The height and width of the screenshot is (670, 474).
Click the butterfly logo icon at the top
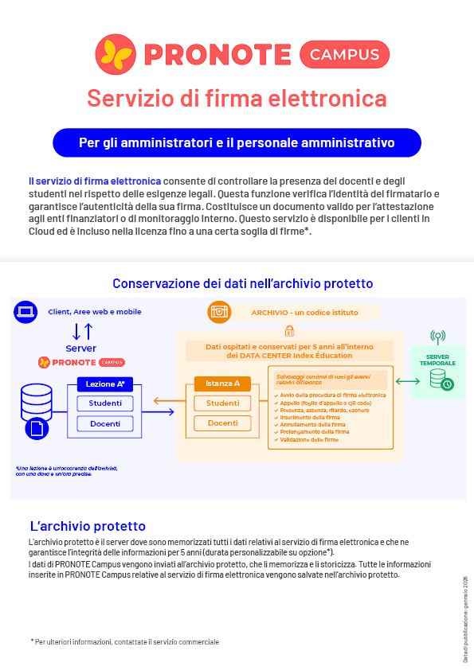(116, 53)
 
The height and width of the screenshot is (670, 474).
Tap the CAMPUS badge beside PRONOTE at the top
(344, 54)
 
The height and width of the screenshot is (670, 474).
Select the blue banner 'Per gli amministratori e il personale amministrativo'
(237, 143)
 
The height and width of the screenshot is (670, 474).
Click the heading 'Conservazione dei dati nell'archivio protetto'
(242, 283)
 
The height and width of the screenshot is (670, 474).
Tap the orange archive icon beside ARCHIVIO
(218, 312)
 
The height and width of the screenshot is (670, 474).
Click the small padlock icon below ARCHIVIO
(289, 329)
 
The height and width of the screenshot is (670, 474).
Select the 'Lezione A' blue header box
(105, 384)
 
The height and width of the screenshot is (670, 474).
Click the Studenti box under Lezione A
(105, 403)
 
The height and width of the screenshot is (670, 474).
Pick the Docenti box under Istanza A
(222, 423)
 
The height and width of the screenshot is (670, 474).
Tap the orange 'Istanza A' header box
(222, 384)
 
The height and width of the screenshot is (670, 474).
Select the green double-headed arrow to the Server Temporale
(407, 382)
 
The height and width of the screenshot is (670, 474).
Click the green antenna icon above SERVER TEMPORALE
(437, 337)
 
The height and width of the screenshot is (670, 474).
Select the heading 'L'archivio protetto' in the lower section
(87, 526)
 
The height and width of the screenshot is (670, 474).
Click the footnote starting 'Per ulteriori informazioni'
(125, 641)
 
